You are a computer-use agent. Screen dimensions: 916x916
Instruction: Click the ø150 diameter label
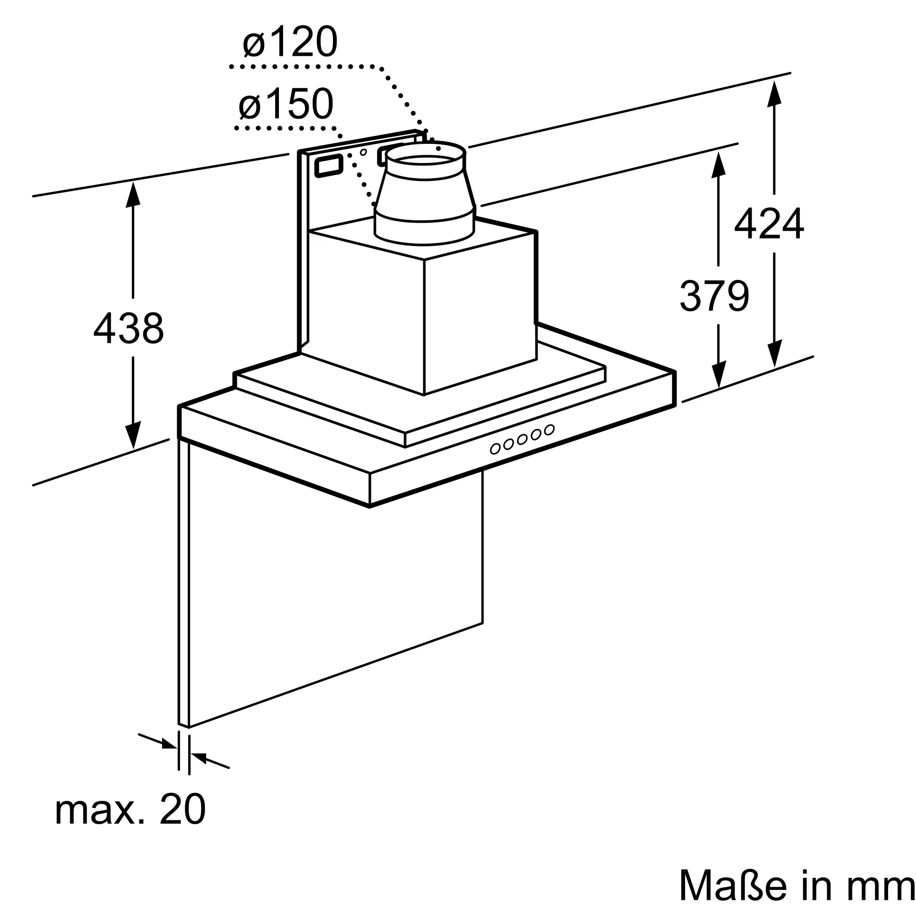[286, 104]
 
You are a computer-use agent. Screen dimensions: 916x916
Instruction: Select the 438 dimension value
[129, 327]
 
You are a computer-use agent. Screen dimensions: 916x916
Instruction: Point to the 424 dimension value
[769, 224]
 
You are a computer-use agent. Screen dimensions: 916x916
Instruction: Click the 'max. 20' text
[131, 809]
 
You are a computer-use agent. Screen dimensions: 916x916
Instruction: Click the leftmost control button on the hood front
[495, 448]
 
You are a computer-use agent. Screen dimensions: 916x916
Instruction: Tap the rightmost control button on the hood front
[550, 430]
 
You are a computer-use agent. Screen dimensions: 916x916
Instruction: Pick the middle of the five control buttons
[523, 440]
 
